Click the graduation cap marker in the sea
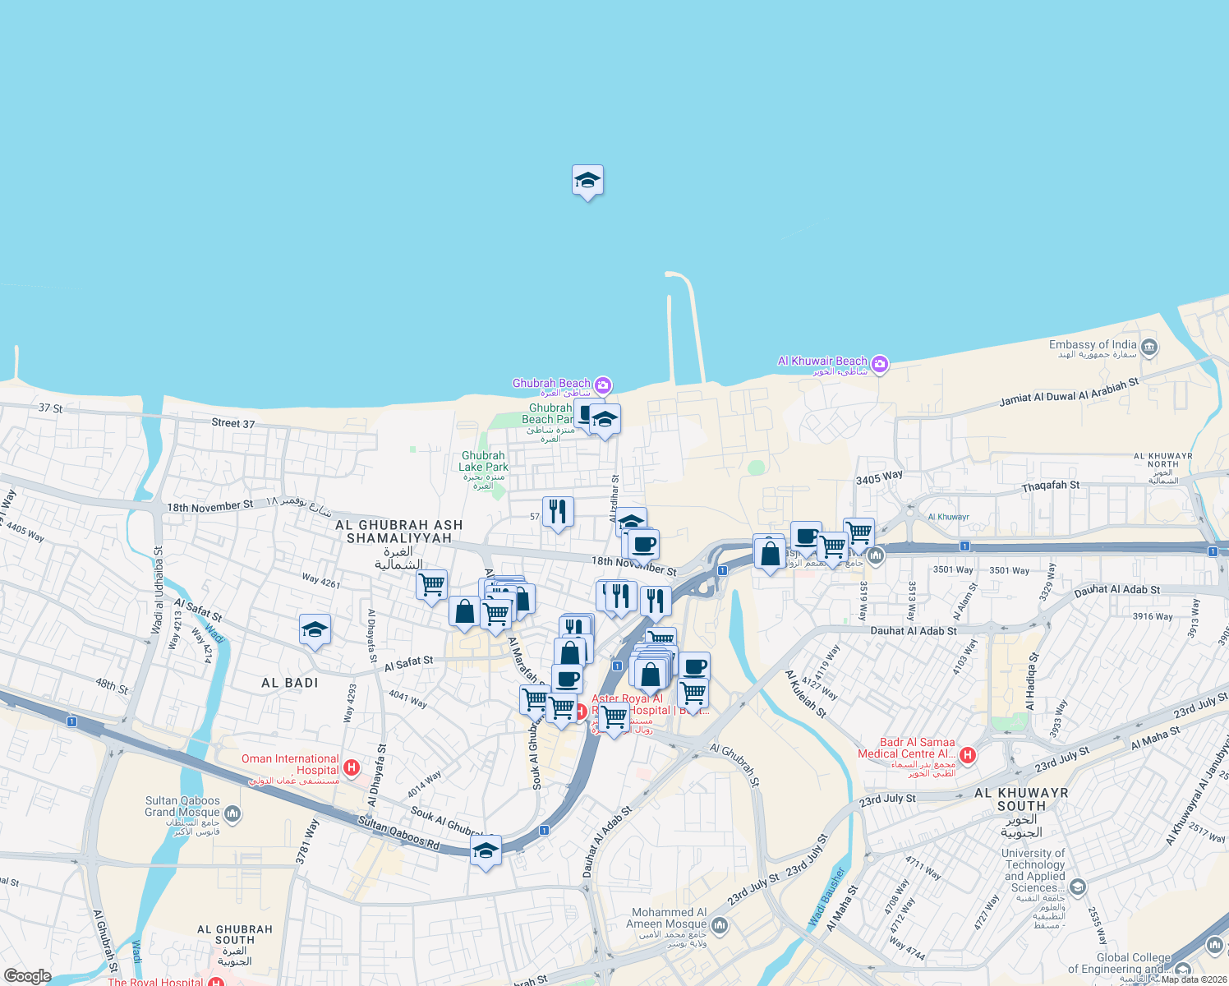coord(587,181)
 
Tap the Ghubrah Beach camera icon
coord(603,385)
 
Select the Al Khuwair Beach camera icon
coord(880,363)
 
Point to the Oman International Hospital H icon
coord(352,768)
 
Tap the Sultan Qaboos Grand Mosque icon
coord(232,813)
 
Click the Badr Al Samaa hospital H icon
coord(968,754)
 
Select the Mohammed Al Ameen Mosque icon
coord(720,926)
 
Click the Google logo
coord(27,975)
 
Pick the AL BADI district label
coord(289,683)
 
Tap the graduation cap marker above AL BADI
coord(315,630)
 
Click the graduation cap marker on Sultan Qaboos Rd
coord(486,851)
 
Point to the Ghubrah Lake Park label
coord(483,461)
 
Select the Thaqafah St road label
coord(1051,486)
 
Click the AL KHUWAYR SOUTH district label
coord(1021,799)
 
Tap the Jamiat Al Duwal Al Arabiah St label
coord(1069,393)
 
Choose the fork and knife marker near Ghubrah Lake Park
coord(558,512)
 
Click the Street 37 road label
coord(233,423)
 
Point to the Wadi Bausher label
coord(826,897)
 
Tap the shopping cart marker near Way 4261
coord(431,585)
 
